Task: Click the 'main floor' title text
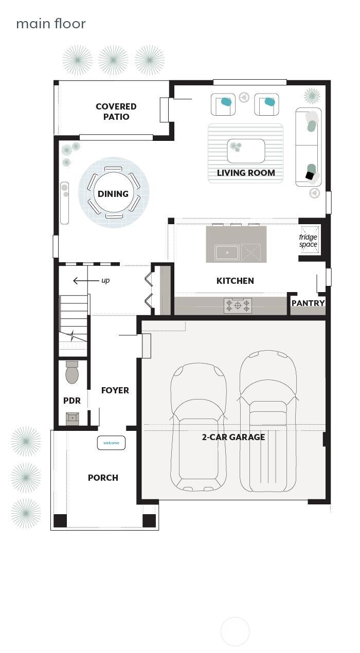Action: coord(51,24)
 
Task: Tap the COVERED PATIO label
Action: coord(116,112)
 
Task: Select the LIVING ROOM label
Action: coord(245,173)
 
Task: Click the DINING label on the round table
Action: coord(113,194)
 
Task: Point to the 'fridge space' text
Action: coord(308,241)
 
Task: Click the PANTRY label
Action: coord(308,303)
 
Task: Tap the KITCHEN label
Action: coord(235,281)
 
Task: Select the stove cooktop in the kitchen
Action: coord(238,305)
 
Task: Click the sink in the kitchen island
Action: coord(227,252)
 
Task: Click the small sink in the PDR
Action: coord(73,418)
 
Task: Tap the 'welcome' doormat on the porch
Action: coord(111,443)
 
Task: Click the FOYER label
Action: coord(115,390)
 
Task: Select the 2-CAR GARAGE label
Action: coord(233,437)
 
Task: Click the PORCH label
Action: coord(103,478)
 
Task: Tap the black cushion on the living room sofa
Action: coord(310,176)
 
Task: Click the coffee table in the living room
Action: coord(246,151)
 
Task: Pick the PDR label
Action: coord(72,401)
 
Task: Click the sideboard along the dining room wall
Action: coord(65,203)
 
